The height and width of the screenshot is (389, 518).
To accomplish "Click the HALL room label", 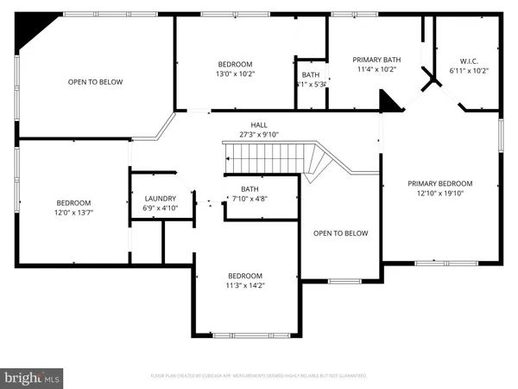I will click(x=259, y=124).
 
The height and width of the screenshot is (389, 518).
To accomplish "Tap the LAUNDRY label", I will click(x=160, y=198).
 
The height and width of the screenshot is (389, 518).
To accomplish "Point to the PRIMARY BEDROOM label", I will click(x=440, y=183).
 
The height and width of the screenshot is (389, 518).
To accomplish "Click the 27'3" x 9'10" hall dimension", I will click(x=259, y=134).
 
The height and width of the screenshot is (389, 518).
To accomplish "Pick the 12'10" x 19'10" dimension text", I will click(x=440, y=194).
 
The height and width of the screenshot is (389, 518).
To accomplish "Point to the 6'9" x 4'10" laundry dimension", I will click(x=160, y=208).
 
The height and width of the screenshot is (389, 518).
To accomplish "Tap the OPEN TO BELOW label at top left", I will click(x=95, y=82).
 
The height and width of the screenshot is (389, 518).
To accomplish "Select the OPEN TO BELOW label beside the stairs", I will click(x=340, y=233).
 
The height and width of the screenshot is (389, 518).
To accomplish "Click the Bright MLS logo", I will click(x=32, y=377).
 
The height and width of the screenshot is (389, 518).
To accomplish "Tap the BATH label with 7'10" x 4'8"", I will click(x=250, y=189).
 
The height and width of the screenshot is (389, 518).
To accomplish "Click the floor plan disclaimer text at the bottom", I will click(x=259, y=376).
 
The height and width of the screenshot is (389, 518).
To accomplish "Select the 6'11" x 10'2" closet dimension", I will click(x=469, y=70).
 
